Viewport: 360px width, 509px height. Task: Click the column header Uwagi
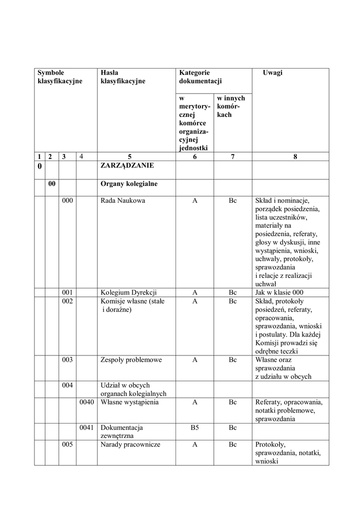point(272,73)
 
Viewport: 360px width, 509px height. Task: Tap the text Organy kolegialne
point(129,184)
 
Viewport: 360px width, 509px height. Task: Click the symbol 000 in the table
point(68,201)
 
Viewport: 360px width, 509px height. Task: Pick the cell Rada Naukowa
point(119,201)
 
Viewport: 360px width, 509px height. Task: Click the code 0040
point(87,402)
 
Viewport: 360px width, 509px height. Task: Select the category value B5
point(195,427)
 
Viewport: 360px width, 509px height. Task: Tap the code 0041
point(87,427)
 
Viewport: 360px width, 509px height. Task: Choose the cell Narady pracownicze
point(130,444)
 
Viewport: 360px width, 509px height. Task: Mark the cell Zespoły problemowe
point(131,360)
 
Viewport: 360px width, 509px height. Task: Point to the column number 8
point(295,157)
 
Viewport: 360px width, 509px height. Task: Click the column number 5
point(130,157)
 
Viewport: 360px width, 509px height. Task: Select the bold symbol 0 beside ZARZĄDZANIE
point(40,167)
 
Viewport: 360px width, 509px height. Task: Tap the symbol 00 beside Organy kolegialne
point(52,184)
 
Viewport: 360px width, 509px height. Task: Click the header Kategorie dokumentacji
point(200,77)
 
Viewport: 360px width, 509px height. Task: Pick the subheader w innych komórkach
point(231,106)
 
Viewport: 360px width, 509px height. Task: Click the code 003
point(68,360)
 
